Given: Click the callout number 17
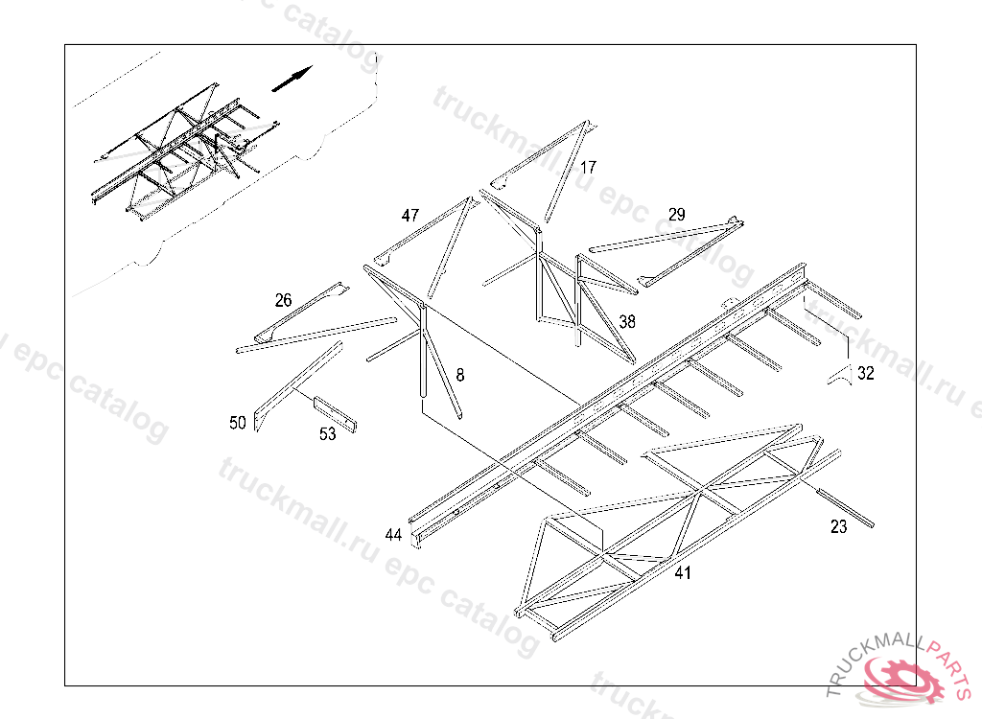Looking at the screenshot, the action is click(x=588, y=168).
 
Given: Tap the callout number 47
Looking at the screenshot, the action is click(x=410, y=216).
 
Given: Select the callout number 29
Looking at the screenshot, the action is click(x=677, y=215).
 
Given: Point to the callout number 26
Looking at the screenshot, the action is click(x=284, y=301).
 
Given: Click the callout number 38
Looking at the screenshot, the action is click(x=627, y=322).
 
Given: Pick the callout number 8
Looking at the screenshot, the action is click(x=460, y=375).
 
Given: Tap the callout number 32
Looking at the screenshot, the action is click(x=866, y=373).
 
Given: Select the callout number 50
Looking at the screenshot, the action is click(x=238, y=424).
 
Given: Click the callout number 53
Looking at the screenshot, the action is click(x=328, y=434).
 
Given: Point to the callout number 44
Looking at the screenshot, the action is click(x=393, y=535).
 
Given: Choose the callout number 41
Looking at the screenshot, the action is click(x=683, y=572).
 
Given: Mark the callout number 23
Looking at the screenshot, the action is click(x=838, y=527).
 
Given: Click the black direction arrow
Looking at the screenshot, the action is click(x=292, y=79).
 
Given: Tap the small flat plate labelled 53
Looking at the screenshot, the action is click(x=335, y=414).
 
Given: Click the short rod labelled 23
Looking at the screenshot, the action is click(x=845, y=507).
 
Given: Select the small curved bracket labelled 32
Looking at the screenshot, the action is click(x=840, y=375).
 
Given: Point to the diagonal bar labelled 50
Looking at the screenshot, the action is click(x=298, y=385).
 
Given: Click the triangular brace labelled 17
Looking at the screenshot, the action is click(x=545, y=171).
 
